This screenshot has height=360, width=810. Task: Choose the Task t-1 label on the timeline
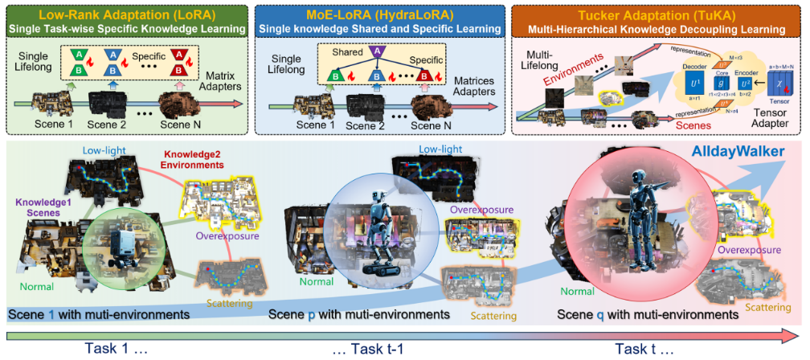click(367, 348)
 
